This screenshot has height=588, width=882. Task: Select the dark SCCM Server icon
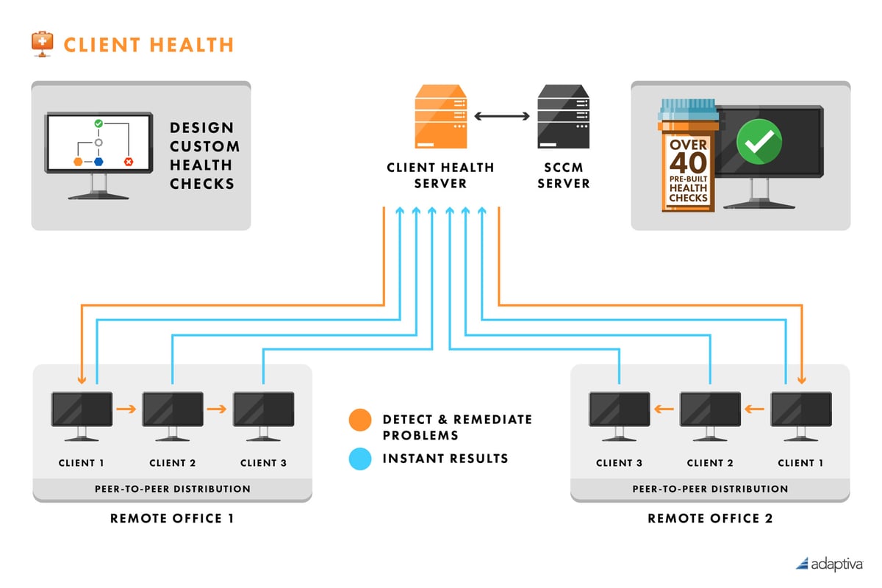tap(564, 117)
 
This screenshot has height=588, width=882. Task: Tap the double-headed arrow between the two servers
tap(503, 116)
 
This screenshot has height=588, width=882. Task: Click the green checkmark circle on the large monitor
tap(759, 142)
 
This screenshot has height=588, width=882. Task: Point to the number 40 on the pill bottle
tap(688, 162)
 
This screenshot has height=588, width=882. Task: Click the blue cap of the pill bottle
tap(688, 110)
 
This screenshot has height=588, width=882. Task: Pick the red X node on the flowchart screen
tap(129, 161)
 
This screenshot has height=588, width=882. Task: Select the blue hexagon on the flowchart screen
tap(98, 161)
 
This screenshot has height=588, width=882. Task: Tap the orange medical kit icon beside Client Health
tap(43, 43)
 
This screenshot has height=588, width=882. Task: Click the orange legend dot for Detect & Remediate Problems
tap(359, 420)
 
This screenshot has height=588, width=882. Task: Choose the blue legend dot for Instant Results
tap(359, 460)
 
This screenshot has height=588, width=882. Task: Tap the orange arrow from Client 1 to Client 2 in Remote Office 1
tap(127, 409)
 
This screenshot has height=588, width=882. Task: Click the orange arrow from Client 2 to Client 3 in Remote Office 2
tap(664, 409)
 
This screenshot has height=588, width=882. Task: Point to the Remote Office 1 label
tap(172, 518)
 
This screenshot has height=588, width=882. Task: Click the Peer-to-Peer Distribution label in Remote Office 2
tap(710, 489)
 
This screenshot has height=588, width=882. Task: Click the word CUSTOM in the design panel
tap(204, 146)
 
